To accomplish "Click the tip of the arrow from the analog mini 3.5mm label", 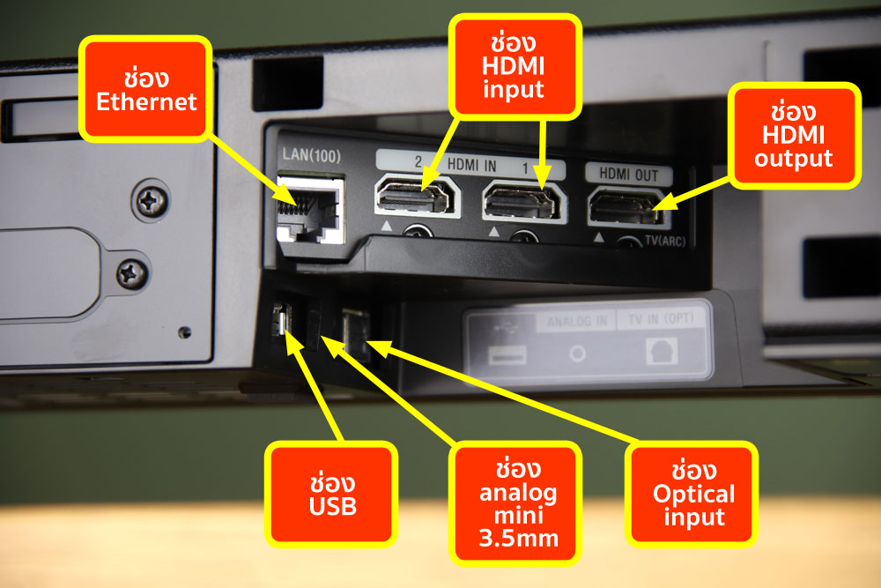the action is (x=322, y=336).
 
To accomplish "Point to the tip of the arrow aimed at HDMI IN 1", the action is (x=542, y=190).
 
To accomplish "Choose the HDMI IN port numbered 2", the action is (x=418, y=196).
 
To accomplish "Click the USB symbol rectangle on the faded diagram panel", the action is (x=507, y=354).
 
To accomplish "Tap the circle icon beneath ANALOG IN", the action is (x=577, y=354).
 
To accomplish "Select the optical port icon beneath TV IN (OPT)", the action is (x=662, y=352).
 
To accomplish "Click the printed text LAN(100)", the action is (x=311, y=154).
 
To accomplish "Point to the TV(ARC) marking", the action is (x=665, y=242).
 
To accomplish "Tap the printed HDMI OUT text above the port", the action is (x=628, y=175).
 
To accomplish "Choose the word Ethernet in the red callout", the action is (x=146, y=101).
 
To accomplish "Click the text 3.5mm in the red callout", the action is (x=519, y=539).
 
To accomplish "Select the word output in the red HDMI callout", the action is (x=793, y=159).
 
